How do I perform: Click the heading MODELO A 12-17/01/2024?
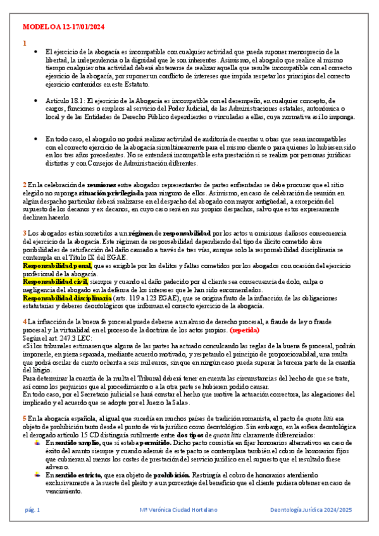tap(63, 28)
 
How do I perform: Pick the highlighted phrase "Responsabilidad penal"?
tap(48, 265)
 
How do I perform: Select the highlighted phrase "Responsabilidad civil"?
tap(47, 281)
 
